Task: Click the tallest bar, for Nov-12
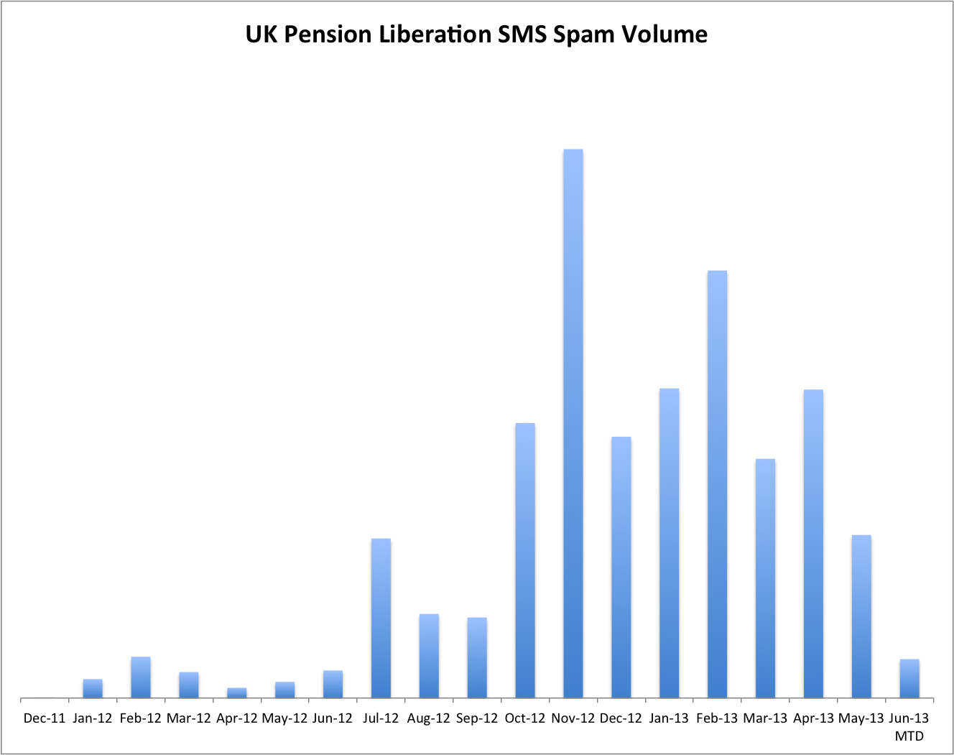click(573, 424)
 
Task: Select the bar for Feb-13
click(717, 484)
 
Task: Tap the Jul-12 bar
click(381, 618)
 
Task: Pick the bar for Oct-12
click(525, 560)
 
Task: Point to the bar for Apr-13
click(813, 544)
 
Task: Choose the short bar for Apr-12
click(237, 693)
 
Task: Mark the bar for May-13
click(861, 616)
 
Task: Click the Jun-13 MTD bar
click(909, 678)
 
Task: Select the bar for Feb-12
click(141, 677)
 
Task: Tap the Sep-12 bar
click(477, 657)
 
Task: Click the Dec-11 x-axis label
click(45, 718)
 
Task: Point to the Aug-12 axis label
click(429, 718)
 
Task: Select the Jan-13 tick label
click(669, 718)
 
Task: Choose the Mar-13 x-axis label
click(765, 718)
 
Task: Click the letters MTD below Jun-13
click(909, 736)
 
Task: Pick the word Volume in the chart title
click(664, 34)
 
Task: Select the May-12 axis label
click(284, 718)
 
